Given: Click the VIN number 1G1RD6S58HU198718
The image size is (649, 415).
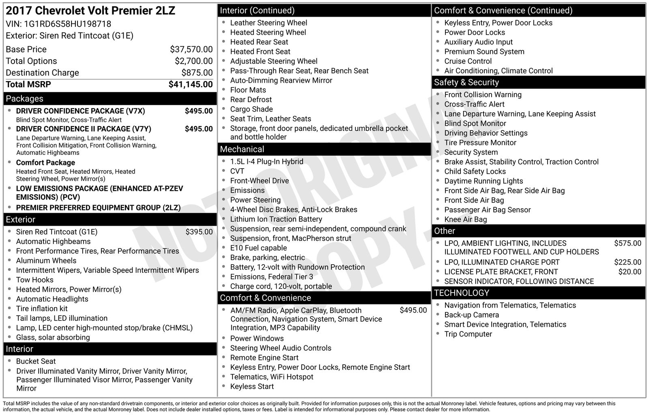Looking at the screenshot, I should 67,24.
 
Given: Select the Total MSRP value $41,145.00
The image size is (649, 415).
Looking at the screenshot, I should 190,84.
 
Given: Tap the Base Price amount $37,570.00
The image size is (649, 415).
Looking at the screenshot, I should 191,49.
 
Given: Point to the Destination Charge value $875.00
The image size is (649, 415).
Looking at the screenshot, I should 197,73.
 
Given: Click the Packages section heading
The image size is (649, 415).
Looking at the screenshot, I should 24,98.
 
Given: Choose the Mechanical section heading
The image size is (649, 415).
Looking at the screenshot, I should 242,149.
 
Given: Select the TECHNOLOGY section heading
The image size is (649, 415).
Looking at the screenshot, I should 461,293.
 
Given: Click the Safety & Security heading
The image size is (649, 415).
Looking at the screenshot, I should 466,82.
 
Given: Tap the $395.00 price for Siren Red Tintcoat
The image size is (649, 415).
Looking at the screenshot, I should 199,232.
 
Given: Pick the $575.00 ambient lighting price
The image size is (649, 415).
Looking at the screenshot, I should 628,243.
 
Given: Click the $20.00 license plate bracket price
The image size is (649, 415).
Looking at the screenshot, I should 630,272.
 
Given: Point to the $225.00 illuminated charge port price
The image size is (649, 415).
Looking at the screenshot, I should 628,262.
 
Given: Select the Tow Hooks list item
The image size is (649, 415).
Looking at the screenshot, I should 34,280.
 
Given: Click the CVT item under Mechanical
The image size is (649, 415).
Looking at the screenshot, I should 237,171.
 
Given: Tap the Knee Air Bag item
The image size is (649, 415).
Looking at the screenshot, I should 465,219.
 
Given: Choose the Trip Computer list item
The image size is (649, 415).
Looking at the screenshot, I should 468,334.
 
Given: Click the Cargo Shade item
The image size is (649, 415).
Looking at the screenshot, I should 251,109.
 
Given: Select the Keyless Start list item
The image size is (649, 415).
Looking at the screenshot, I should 251,386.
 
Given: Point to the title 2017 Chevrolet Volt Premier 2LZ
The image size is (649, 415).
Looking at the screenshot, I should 90,11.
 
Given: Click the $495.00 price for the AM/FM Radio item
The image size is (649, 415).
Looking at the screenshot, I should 413,310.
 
